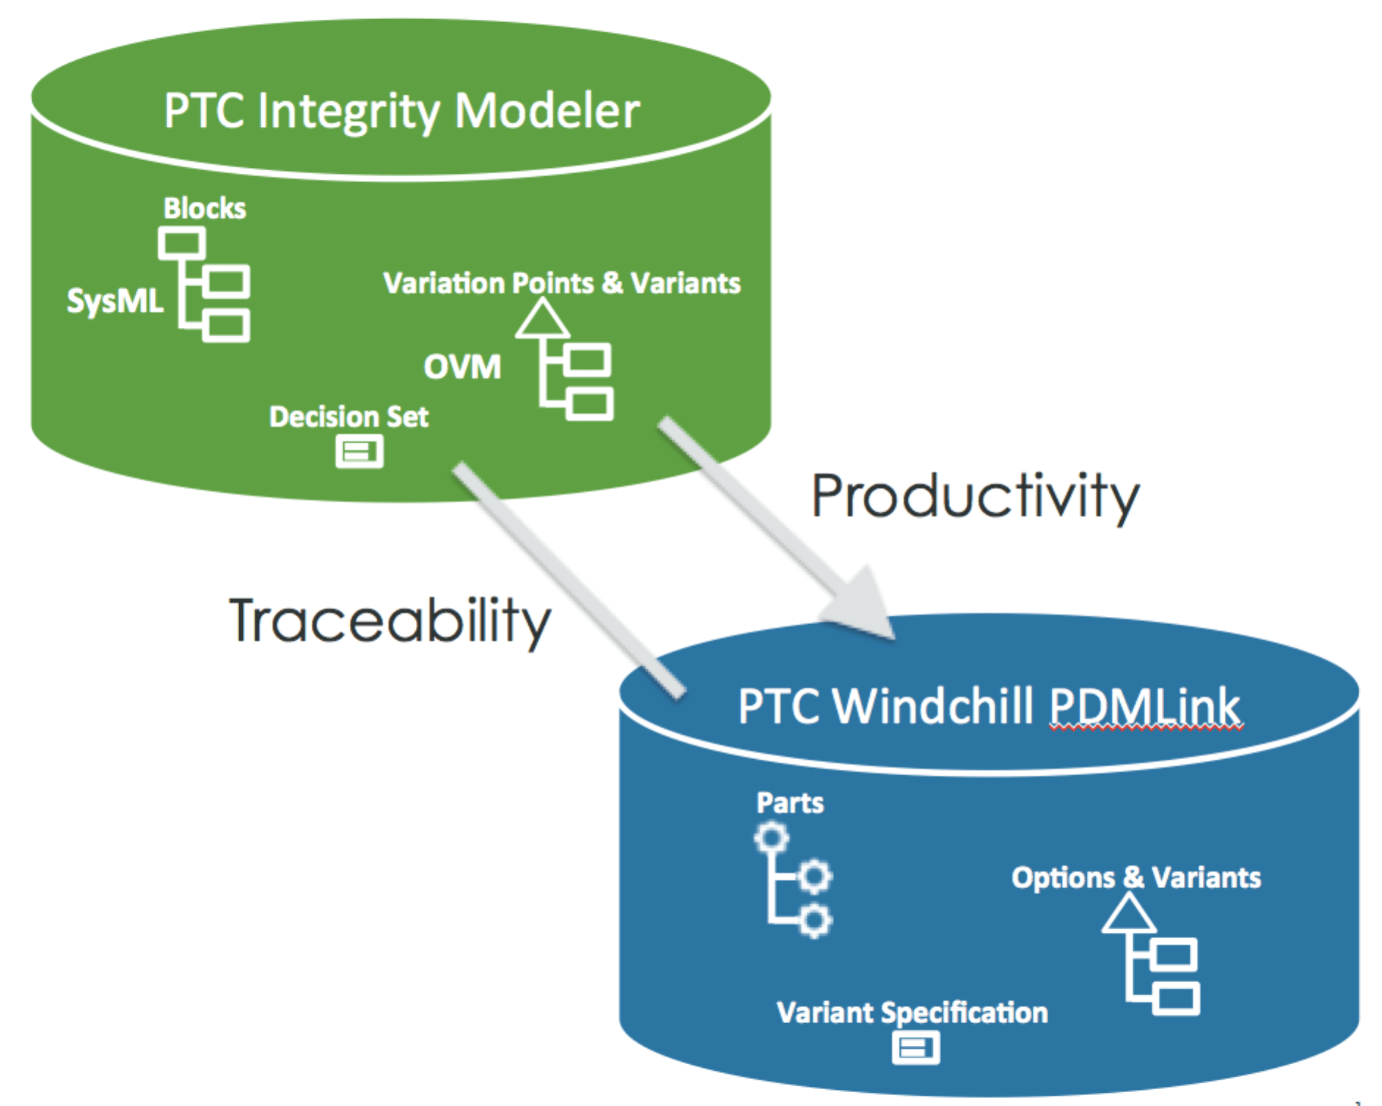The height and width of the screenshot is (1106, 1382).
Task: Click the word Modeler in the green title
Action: click(546, 111)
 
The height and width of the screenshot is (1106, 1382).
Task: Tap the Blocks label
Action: click(205, 208)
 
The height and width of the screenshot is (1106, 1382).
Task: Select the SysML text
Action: click(114, 301)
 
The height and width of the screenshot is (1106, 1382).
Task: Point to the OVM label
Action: click(462, 367)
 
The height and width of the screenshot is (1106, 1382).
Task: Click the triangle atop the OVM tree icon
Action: click(542, 321)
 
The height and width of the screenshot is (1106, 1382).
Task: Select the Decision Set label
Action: click(348, 417)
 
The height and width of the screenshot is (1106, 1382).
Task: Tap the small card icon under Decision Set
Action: click(359, 451)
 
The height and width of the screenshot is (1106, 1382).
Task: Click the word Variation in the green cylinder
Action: click(441, 283)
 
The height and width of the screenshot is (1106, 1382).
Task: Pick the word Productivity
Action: click(975, 497)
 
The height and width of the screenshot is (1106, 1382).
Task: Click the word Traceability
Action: click(390, 621)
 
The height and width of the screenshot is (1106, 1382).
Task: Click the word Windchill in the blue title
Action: click(932, 706)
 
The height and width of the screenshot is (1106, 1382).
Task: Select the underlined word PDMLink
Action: click(1144, 706)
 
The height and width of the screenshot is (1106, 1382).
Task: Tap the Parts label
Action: click(789, 802)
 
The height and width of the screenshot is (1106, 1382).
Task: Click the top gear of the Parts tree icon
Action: click(772, 838)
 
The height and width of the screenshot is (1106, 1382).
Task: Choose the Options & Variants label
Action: click(1136, 877)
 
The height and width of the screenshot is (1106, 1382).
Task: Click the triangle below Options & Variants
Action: click(1128, 916)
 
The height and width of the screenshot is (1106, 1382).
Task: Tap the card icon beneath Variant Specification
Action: click(915, 1047)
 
